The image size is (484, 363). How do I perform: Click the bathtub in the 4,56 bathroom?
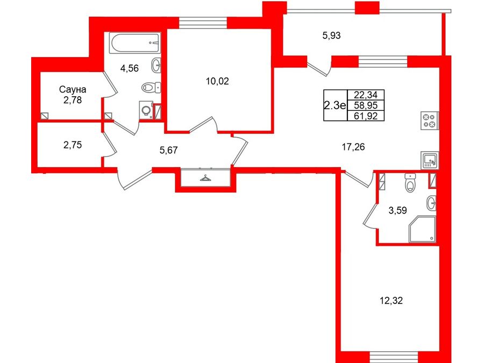[135, 42]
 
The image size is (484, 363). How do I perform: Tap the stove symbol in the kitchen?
[429, 120]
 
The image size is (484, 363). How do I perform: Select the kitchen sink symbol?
[430, 160]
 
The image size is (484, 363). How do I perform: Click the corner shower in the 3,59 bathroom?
[422, 229]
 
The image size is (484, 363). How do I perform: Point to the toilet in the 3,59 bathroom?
[410, 182]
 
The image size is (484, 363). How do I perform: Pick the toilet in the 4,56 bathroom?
[151, 87]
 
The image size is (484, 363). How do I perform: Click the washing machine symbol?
[146, 110]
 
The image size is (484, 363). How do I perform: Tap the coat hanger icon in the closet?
[205, 178]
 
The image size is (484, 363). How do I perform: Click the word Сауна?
[73, 89]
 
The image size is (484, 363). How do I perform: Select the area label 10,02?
[217, 81]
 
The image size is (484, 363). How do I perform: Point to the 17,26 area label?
[353, 147]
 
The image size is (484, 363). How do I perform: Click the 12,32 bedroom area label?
[391, 300]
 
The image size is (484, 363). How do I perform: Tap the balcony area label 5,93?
[331, 35]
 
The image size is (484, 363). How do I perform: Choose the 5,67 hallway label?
[168, 150]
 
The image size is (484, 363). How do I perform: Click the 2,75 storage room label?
[73, 145]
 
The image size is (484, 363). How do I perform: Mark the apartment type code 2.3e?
[335, 105]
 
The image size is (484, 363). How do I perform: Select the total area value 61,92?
[366, 116]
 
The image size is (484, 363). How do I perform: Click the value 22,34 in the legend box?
[366, 95]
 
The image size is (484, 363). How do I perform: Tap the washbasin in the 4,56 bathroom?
[156, 65]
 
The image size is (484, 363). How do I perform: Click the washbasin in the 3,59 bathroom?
[431, 203]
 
